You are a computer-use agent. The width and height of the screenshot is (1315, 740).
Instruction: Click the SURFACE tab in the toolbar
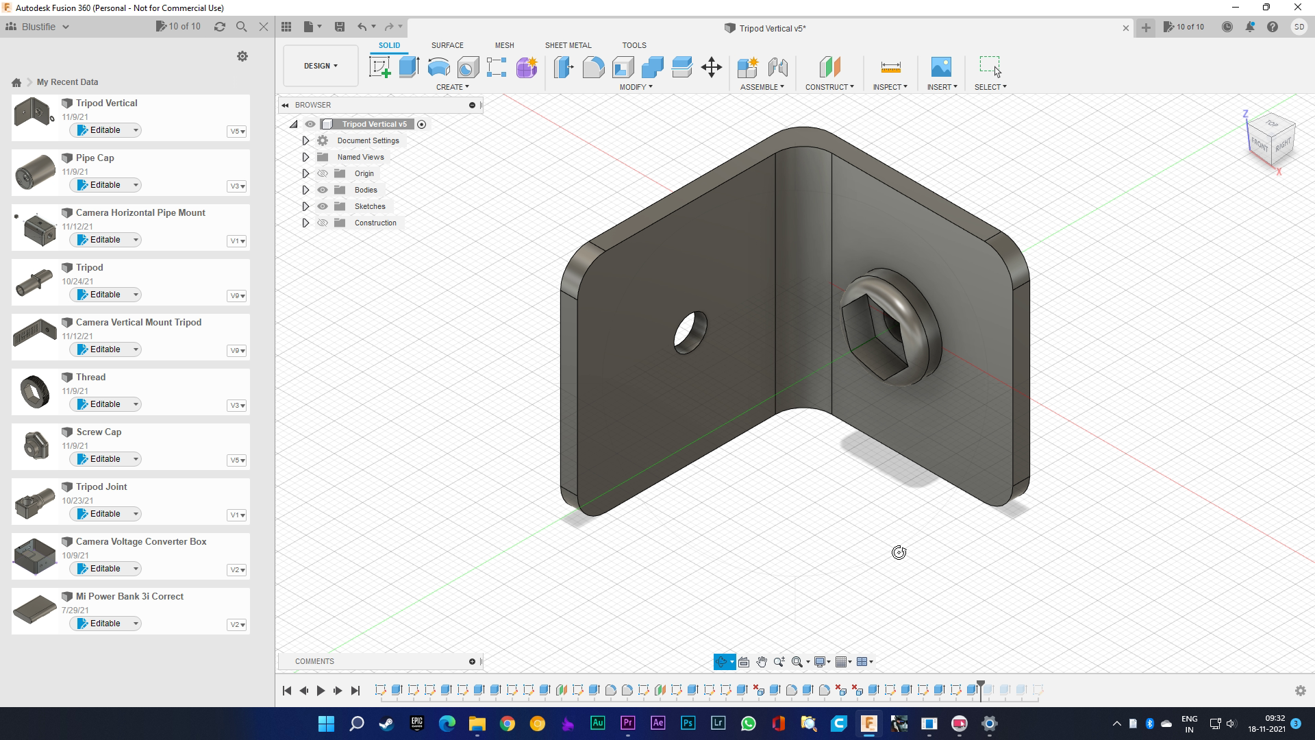(447, 45)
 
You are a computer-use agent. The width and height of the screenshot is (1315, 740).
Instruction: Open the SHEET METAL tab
(568, 45)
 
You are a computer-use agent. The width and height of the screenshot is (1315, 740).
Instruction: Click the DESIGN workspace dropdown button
(321, 66)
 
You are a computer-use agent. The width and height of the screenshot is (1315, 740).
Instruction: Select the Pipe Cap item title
(95, 158)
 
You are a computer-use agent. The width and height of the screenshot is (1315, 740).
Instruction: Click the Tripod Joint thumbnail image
(34, 502)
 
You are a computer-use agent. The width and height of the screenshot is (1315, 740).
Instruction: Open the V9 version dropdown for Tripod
(237, 296)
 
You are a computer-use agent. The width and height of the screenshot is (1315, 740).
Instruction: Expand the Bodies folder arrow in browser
(305, 190)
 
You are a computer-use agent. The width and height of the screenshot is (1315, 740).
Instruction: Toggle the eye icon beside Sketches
(323, 206)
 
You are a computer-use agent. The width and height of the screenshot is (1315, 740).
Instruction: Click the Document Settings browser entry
(368, 140)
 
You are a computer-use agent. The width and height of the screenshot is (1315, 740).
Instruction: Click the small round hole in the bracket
(690, 332)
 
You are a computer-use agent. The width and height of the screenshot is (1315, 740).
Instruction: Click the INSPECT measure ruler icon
(890, 67)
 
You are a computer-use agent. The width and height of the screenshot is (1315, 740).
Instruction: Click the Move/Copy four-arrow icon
(712, 67)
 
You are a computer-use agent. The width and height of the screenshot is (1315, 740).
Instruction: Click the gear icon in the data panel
(242, 56)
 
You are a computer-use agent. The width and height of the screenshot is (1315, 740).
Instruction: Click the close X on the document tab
(1125, 28)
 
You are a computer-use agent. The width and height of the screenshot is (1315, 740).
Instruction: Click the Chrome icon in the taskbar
(507, 724)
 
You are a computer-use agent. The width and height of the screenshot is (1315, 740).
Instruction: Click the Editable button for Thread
(105, 404)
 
